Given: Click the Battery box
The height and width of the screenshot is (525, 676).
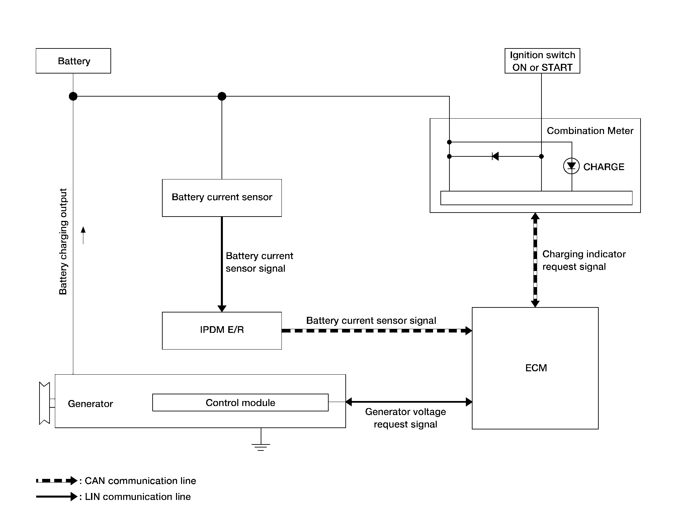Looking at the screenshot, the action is pos(73,61).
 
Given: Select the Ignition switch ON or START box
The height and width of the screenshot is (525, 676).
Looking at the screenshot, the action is pos(542,61).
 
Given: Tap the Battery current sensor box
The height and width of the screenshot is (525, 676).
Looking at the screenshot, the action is pos(222,198).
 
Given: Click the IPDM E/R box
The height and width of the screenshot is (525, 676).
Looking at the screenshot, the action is pos(222,331).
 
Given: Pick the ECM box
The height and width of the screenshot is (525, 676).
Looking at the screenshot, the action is pos(535,368).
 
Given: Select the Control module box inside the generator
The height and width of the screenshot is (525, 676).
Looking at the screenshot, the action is pos(240,402).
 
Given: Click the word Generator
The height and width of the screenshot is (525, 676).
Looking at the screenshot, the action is pos(90,404).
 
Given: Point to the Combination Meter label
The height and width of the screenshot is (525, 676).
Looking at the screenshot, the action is pos(590,131).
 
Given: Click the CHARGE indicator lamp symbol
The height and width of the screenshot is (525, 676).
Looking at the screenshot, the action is pos(571,166).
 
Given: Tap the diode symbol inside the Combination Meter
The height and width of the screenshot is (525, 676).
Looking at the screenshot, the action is pos(495,156).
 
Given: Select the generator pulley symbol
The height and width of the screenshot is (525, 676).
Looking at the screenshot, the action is pos(45,403).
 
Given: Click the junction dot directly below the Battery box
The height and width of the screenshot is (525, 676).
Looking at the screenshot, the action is pos(73,96).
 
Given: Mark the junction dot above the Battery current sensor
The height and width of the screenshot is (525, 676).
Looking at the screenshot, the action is pos(222,96).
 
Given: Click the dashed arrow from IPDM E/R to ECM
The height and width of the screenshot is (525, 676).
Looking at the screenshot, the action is pos(377,331).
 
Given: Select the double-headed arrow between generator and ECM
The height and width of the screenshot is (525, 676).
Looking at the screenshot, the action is pos(409,402).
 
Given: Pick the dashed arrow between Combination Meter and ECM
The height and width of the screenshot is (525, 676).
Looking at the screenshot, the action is pos(535,260).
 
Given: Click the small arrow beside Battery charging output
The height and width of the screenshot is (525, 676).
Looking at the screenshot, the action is pos(83,235).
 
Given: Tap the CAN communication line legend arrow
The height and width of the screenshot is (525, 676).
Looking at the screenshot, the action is pos(57,481).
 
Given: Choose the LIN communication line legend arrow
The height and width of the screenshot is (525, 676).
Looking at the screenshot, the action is pos(57,497).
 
